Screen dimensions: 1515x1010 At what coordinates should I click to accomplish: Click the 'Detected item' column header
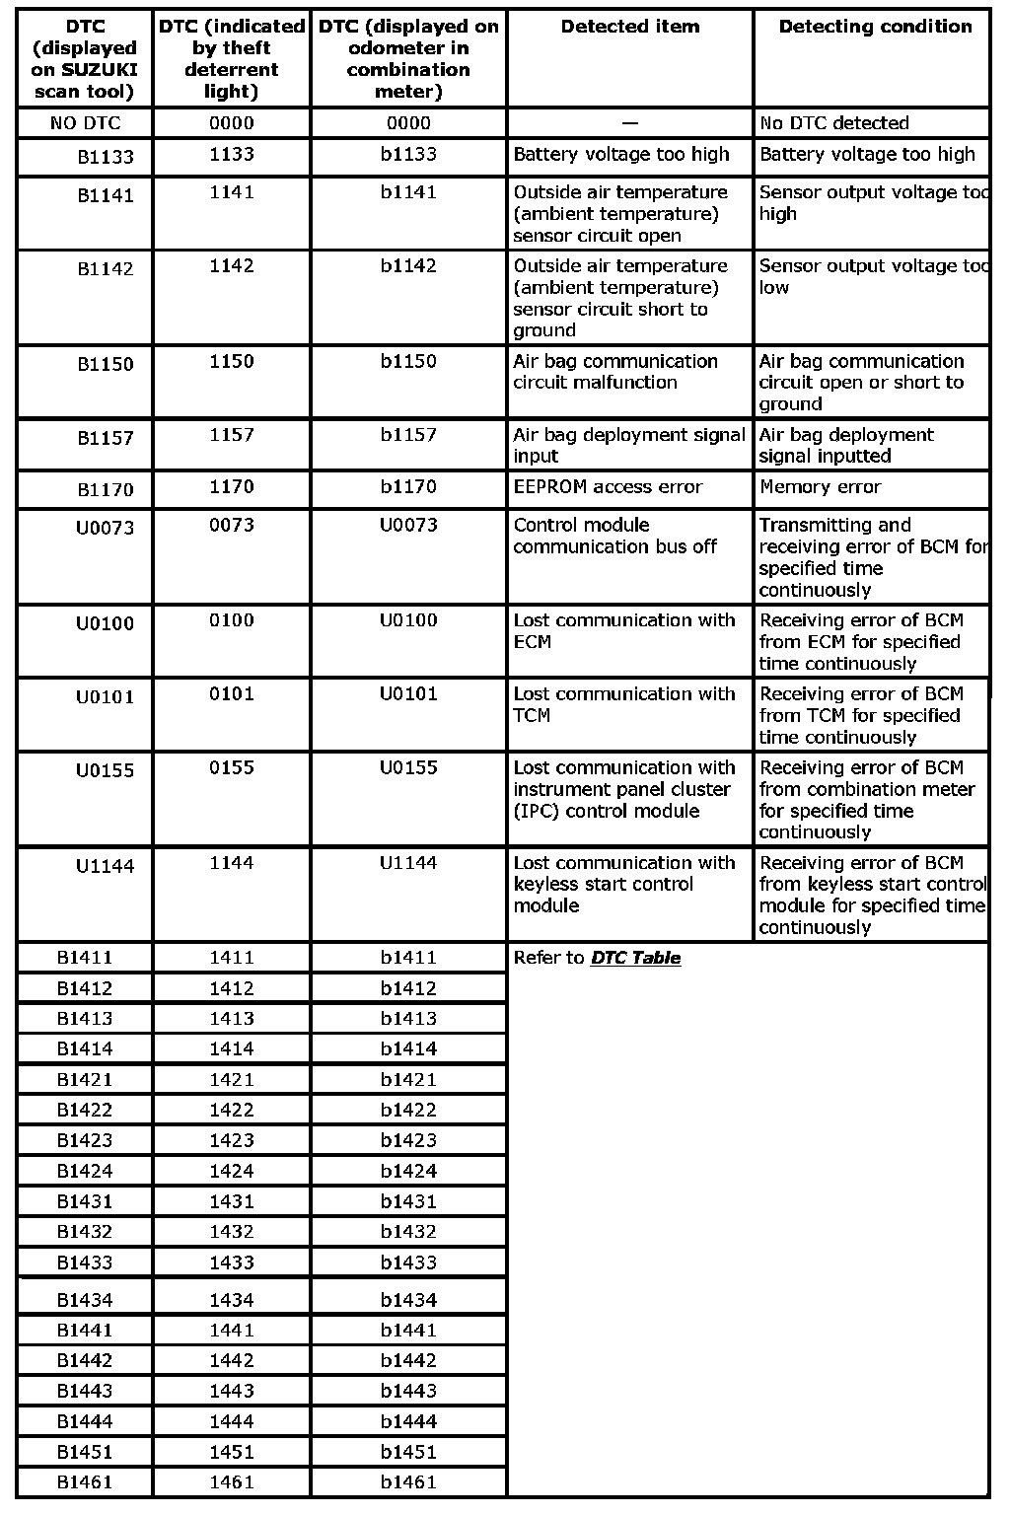coord(630,27)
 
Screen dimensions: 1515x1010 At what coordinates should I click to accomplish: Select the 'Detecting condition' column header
coord(875,27)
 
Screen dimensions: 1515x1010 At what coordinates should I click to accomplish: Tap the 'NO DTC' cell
coord(85,123)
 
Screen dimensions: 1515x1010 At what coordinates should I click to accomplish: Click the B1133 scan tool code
coord(106,157)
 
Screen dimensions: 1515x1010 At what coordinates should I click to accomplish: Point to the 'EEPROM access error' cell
coord(608,487)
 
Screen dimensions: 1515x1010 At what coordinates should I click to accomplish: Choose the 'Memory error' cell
coord(820,487)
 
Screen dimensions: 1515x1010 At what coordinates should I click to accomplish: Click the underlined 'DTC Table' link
coord(635,958)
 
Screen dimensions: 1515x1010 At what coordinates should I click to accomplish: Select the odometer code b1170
coord(408,487)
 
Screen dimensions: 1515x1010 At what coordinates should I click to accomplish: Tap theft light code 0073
coord(232,526)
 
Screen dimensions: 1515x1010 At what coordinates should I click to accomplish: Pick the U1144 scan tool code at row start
coord(105,866)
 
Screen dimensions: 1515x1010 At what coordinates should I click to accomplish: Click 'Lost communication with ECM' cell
coord(623,631)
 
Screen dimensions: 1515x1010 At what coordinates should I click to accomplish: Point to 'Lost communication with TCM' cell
coord(623,704)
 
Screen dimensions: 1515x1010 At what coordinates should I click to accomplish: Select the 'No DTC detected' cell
coord(833,123)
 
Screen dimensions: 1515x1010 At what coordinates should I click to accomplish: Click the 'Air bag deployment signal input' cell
coord(628,445)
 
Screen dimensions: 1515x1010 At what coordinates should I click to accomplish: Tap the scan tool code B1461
coord(85,1481)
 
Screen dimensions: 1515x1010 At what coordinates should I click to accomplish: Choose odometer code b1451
coord(408,1452)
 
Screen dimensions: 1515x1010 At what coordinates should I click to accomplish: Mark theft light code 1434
coord(232,1300)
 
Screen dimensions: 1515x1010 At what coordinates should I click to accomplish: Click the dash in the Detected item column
coord(630,123)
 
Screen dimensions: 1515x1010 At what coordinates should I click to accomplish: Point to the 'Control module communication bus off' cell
coord(614,536)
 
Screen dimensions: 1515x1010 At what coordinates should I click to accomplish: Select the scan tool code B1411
coord(85,958)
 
